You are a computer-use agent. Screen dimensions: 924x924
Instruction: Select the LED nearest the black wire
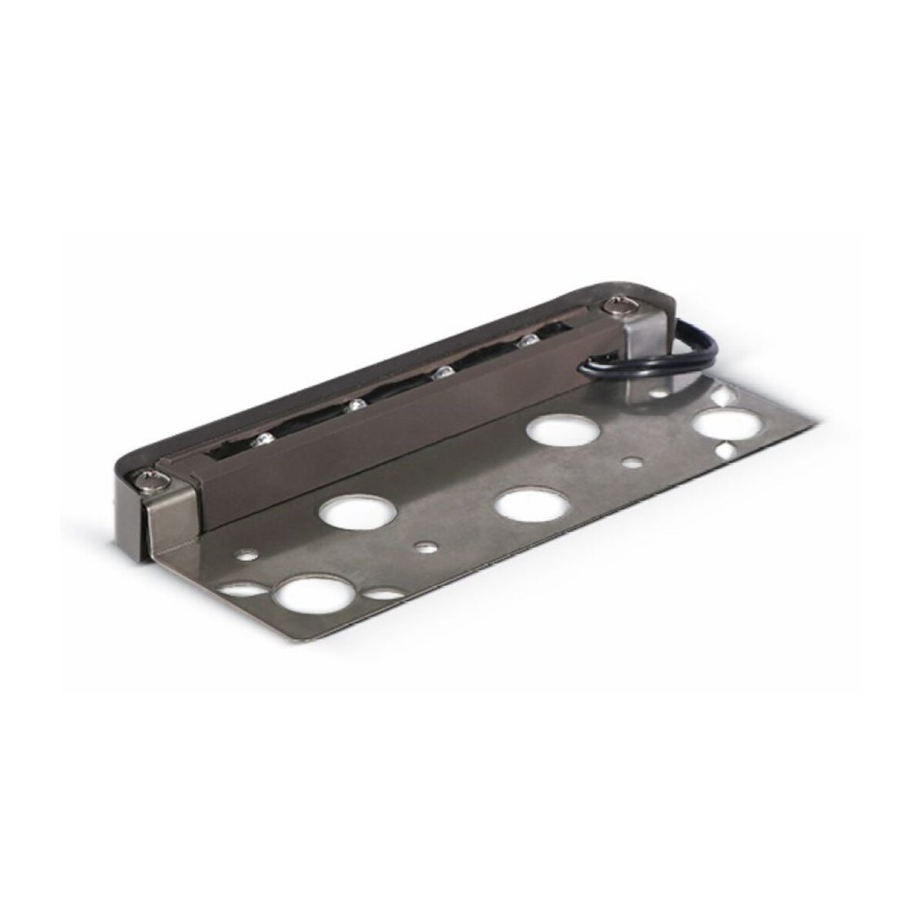(528, 340)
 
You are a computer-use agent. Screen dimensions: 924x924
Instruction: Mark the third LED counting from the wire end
(355, 406)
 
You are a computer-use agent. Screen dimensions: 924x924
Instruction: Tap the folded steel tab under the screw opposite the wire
(166, 524)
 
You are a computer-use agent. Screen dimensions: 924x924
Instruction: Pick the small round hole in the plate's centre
(421, 548)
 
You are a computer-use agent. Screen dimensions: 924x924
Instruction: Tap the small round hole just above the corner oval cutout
(247, 552)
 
